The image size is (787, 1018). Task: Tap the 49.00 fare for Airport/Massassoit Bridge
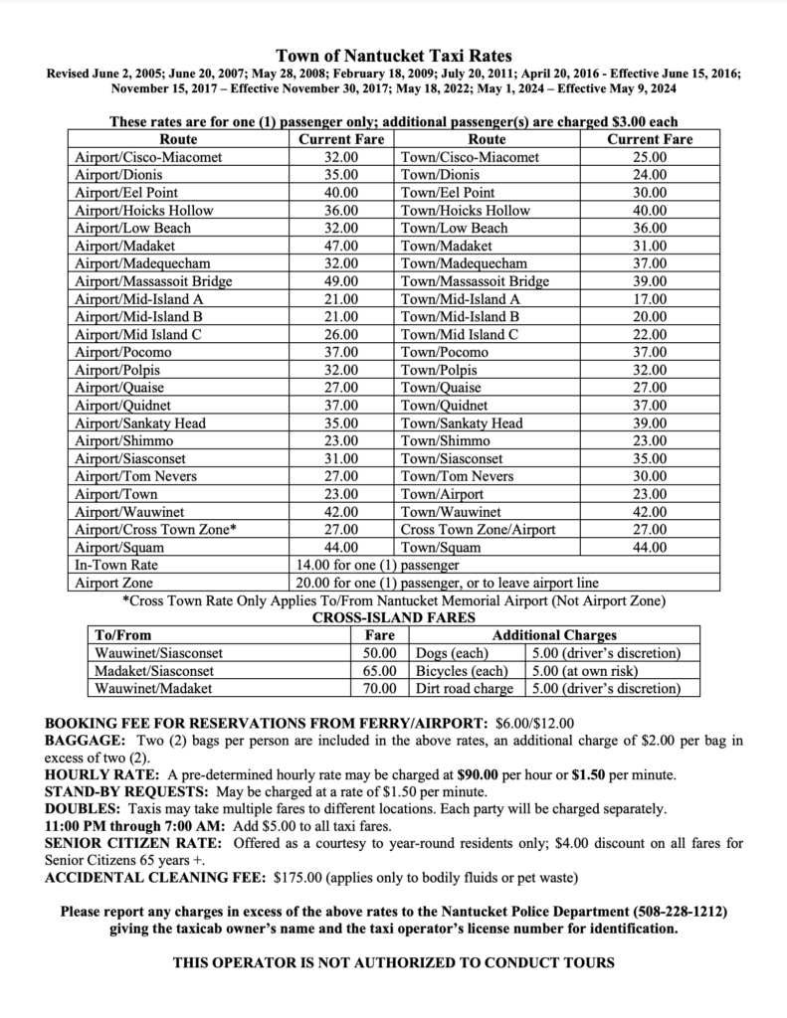[341, 281]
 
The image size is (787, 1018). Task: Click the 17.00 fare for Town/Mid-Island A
[650, 299]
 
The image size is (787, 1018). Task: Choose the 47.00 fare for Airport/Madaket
[341, 246]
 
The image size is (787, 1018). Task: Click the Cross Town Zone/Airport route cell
[478, 530]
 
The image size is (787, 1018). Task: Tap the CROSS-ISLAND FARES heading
[393, 617]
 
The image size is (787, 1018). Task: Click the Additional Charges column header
[554, 635]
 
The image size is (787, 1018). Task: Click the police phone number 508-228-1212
[681, 912]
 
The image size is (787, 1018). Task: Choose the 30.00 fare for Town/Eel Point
[650, 192]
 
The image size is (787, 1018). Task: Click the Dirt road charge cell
[464, 689]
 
